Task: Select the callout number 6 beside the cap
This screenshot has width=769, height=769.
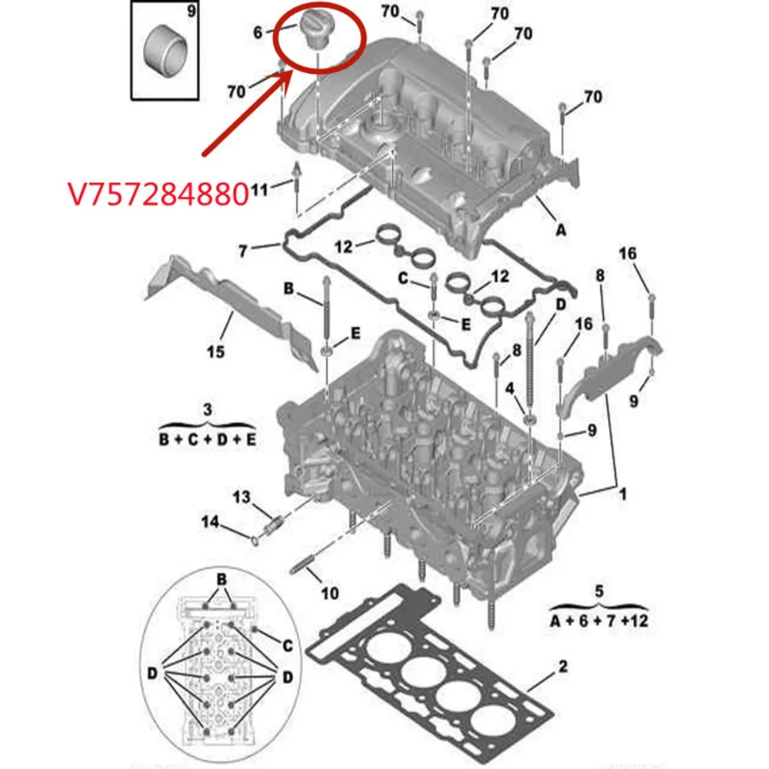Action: [258, 32]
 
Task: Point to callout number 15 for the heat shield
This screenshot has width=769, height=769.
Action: [216, 351]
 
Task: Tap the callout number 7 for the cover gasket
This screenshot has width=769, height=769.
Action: [243, 251]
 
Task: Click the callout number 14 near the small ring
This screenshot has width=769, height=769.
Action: [211, 523]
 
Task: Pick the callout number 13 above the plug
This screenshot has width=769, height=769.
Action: [242, 498]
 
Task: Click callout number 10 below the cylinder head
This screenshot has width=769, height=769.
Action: [329, 593]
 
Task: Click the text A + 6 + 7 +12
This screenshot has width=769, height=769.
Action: [599, 619]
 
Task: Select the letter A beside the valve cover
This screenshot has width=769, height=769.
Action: [561, 228]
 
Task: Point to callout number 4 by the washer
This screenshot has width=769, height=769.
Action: [508, 388]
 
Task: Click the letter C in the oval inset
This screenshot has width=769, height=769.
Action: [288, 644]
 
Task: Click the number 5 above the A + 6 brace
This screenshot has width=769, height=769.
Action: [599, 592]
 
